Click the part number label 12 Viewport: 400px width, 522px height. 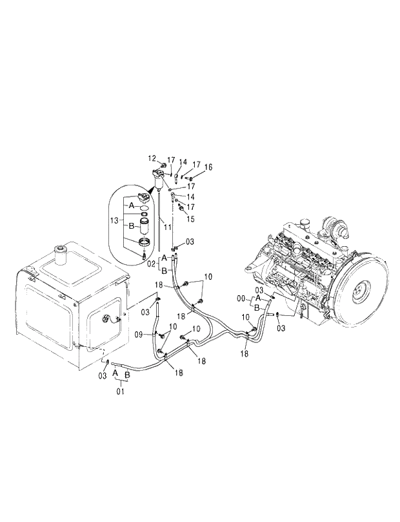point(152,158)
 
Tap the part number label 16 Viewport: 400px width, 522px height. point(208,167)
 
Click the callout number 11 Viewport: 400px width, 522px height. point(166,228)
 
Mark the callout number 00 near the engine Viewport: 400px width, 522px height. point(242,299)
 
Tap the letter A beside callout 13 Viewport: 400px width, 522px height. point(132,204)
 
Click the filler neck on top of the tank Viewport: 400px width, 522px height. point(63,253)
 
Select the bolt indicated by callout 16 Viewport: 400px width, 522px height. point(191,177)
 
